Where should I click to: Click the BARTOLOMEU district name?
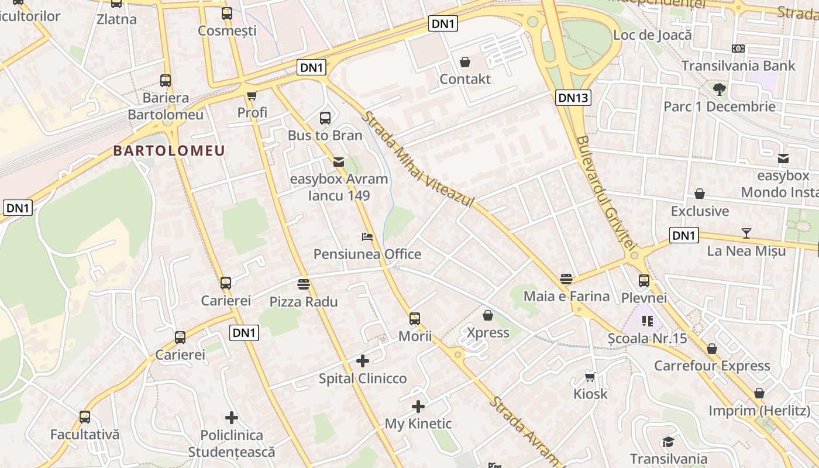point(169,150)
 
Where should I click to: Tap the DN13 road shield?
point(573,98)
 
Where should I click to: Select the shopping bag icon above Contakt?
point(465,61)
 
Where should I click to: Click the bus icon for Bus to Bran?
point(325,118)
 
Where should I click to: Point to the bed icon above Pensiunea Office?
point(367,237)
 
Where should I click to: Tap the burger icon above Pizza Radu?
point(304,284)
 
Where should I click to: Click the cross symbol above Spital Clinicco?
point(363,361)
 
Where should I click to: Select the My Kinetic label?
point(418,424)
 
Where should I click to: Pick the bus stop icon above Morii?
point(415,319)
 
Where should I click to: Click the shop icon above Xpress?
point(488,315)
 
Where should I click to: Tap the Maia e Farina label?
point(566,296)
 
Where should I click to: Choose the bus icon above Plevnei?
point(644,281)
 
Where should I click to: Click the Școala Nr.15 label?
point(647,338)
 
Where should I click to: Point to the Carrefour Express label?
point(712,366)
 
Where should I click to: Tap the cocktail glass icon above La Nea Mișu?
point(746,233)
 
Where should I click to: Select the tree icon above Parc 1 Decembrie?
point(719,90)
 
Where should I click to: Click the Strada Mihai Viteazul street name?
point(417,159)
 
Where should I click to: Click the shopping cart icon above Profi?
point(252,95)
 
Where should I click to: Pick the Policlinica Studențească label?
point(232,443)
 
